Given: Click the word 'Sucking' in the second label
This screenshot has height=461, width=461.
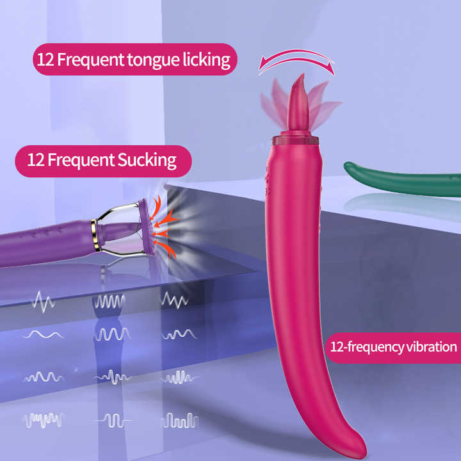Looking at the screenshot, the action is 147,159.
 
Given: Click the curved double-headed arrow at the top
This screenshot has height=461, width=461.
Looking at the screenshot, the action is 296,61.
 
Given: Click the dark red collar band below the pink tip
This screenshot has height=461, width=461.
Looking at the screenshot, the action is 295,140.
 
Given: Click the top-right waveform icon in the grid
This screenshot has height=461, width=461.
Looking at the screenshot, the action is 175,300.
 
